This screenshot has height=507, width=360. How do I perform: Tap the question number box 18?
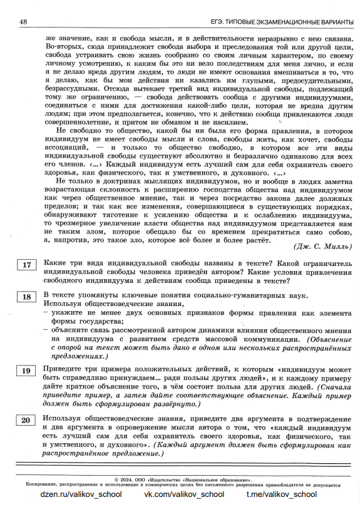click(x=26, y=297)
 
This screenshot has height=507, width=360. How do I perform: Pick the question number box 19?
click(x=26, y=372)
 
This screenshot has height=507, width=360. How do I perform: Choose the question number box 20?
click(x=26, y=419)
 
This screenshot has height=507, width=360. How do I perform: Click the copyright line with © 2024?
click(x=182, y=478)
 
